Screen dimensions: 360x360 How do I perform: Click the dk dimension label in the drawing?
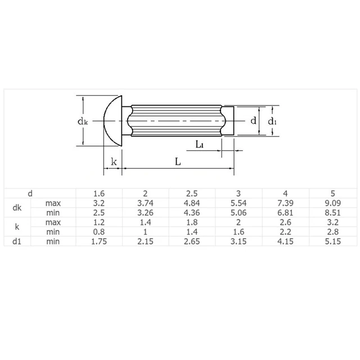coord(82,121)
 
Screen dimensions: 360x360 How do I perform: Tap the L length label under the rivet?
coord(178,161)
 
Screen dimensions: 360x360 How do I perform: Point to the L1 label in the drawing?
coord(200,145)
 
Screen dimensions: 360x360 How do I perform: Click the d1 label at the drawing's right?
coord(272,120)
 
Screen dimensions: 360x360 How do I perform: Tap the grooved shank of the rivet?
coord(174,120)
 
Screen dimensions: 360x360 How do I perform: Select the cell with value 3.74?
coord(146,202)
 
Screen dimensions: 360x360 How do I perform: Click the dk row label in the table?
coord(17,208)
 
